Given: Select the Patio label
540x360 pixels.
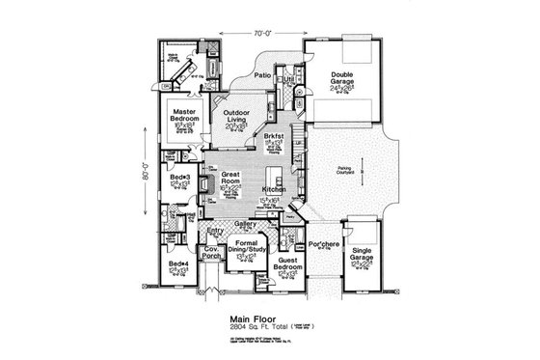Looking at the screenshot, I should [261, 73].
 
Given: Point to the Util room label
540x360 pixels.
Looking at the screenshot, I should [288, 79].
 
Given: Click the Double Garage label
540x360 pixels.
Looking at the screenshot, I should [342, 77].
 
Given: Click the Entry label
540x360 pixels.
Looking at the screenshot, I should [214, 232].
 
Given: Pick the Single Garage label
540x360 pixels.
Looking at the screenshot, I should [363, 253].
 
